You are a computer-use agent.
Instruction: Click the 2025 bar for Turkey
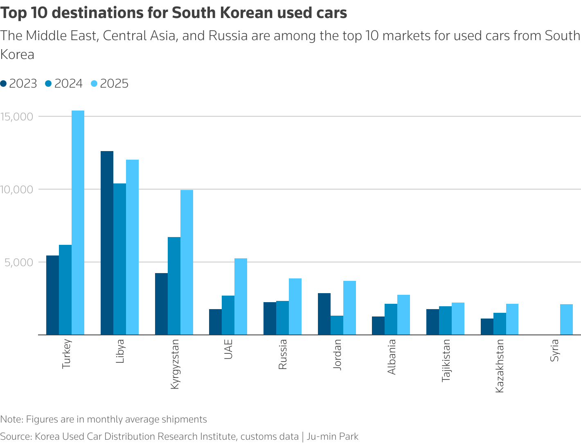78,223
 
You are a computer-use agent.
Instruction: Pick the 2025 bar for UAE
241,296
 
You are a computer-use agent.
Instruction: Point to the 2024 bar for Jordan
337,325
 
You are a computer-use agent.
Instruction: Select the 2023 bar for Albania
378,325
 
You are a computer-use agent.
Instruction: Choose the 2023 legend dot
4,84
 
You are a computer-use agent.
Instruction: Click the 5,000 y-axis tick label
19,262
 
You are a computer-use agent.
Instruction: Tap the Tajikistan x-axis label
446,361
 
